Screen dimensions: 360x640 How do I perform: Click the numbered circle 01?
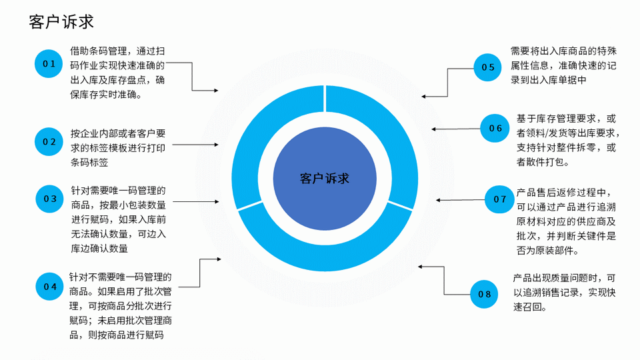pyautogui.click(x=49, y=64)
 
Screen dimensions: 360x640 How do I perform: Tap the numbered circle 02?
pyautogui.click(x=49, y=142)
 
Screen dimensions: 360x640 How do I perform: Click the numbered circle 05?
pyautogui.click(x=488, y=67)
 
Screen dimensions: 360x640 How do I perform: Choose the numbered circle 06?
pyautogui.click(x=495, y=128)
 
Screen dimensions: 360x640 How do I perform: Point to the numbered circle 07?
pyautogui.click(x=500, y=199)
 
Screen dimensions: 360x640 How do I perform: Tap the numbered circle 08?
pyautogui.click(x=485, y=294)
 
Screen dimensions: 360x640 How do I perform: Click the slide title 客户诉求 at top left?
pyautogui.click(x=61, y=22)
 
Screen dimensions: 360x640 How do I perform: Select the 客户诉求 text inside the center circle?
pyautogui.click(x=325, y=179)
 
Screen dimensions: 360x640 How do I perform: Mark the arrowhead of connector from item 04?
pyautogui.click(x=219, y=259)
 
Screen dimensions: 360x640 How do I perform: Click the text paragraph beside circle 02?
pyautogui.click(x=118, y=147)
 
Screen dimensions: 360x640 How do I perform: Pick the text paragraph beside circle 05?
pyautogui.click(x=563, y=65)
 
